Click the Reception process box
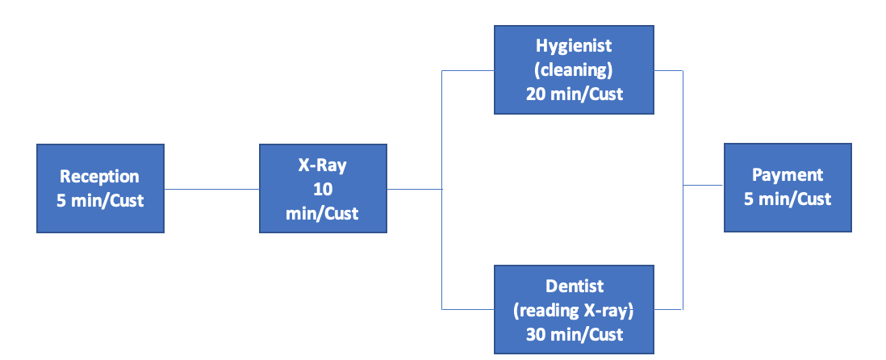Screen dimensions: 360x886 click(100, 188)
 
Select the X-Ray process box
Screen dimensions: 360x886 click(323, 189)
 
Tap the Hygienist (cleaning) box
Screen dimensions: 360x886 click(574, 69)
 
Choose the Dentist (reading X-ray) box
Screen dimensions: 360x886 click(574, 309)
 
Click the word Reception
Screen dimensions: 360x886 click(100, 177)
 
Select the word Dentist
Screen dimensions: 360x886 click(574, 286)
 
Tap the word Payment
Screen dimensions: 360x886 click(787, 175)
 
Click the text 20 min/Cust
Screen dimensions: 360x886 click(574, 93)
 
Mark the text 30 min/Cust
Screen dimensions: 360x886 click(574, 333)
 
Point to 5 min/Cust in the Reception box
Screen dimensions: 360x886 click(100, 199)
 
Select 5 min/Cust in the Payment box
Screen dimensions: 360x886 click(787, 198)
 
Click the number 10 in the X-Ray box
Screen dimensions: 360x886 click(323, 189)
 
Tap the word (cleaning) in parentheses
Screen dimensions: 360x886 click(574, 70)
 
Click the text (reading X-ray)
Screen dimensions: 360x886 click(574, 309)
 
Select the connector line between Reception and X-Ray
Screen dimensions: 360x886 click(211, 190)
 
